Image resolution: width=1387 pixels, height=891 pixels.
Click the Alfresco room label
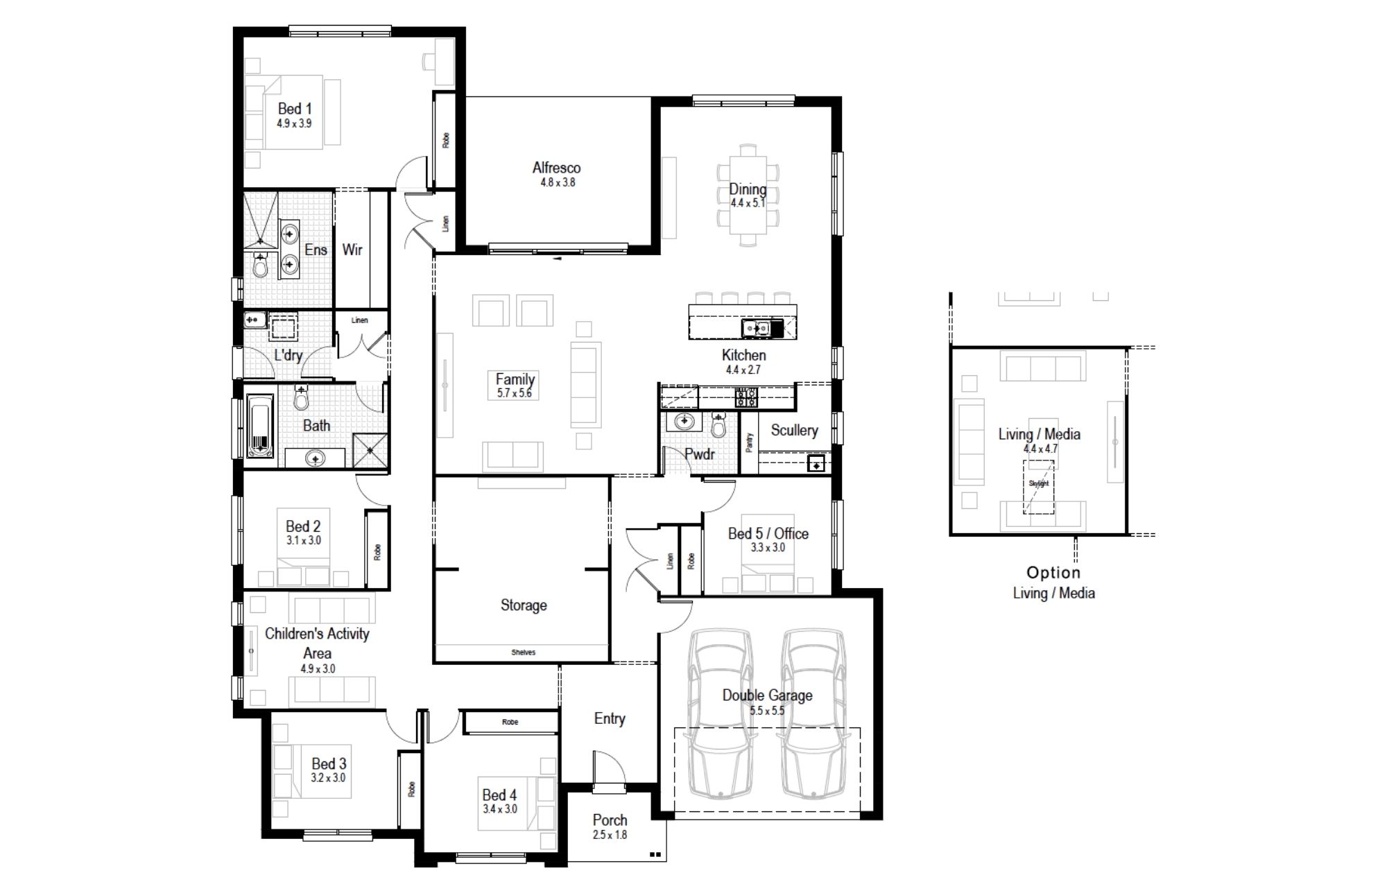click(x=556, y=168)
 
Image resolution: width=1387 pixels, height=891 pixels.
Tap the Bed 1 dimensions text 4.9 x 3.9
click(x=294, y=123)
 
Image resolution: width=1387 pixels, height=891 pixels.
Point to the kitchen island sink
click(x=756, y=327)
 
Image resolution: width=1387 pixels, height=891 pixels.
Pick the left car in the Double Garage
click(x=721, y=713)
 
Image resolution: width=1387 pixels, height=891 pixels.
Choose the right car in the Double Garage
click(x=814, y=713)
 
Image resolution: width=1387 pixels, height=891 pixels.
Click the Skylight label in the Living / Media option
click(x=1039, y=483)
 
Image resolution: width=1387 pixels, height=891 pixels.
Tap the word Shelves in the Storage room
click(x=524, y=652)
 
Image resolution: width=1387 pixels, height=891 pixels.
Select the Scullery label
click(x=794, y=431)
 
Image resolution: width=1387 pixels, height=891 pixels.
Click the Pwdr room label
click(x=699, y=454)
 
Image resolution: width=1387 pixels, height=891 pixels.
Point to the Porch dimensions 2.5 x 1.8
click(x=610, y=835)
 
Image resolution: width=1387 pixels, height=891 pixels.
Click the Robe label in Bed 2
click(x=377, y=553)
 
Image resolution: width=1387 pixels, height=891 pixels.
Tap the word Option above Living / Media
click(x=1053, y=573)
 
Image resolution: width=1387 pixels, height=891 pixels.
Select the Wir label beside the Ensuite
click(x=352, y=250)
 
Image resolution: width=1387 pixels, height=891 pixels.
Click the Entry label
click(x=610, y=719)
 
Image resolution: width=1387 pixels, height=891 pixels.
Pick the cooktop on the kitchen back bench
click(x=746, y=397)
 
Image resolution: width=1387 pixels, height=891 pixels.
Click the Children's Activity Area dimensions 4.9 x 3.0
click(x=318, y=669)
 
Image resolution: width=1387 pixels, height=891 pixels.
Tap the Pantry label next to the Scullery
click(x=749, y=442)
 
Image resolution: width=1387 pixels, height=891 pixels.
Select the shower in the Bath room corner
click(x=370, y=450)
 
